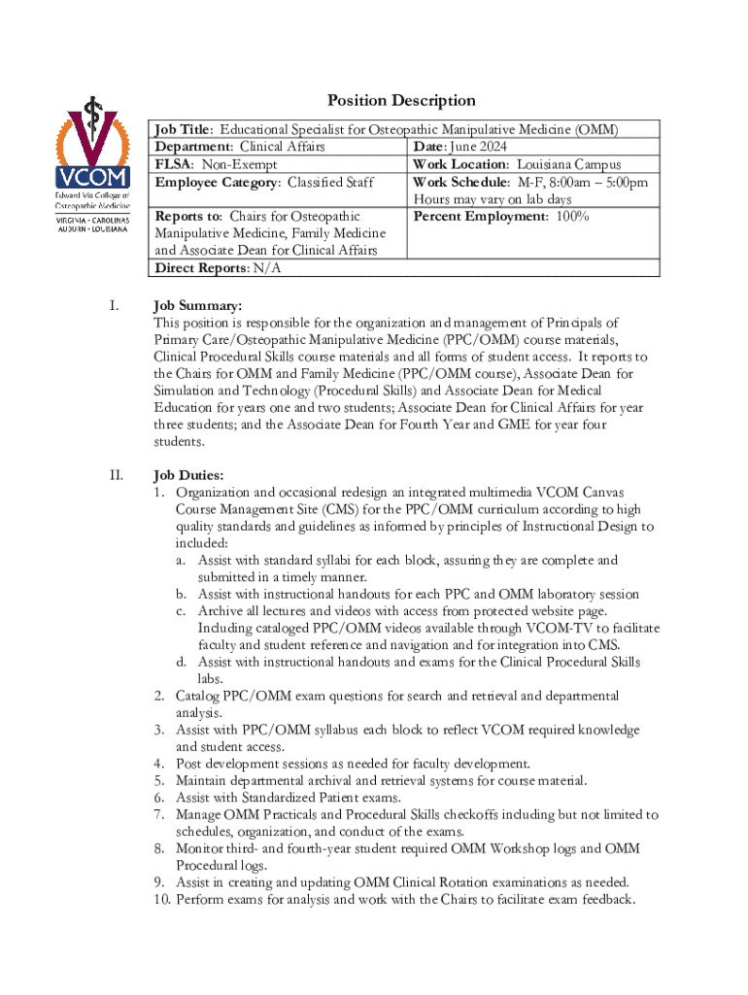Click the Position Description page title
[x=401, y=100]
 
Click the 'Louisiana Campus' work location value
[x=568, y=164]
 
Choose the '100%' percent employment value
[x=573, y=216]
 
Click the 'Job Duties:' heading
[x=189, y=476]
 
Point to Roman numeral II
[x=116, y=476]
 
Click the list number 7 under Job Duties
[x=160, y=814]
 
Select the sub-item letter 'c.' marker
[x=182, y=611]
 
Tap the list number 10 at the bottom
[x=161, y=899]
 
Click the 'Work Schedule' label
[x=460, y=182]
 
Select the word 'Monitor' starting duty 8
[x=204, y=848]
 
